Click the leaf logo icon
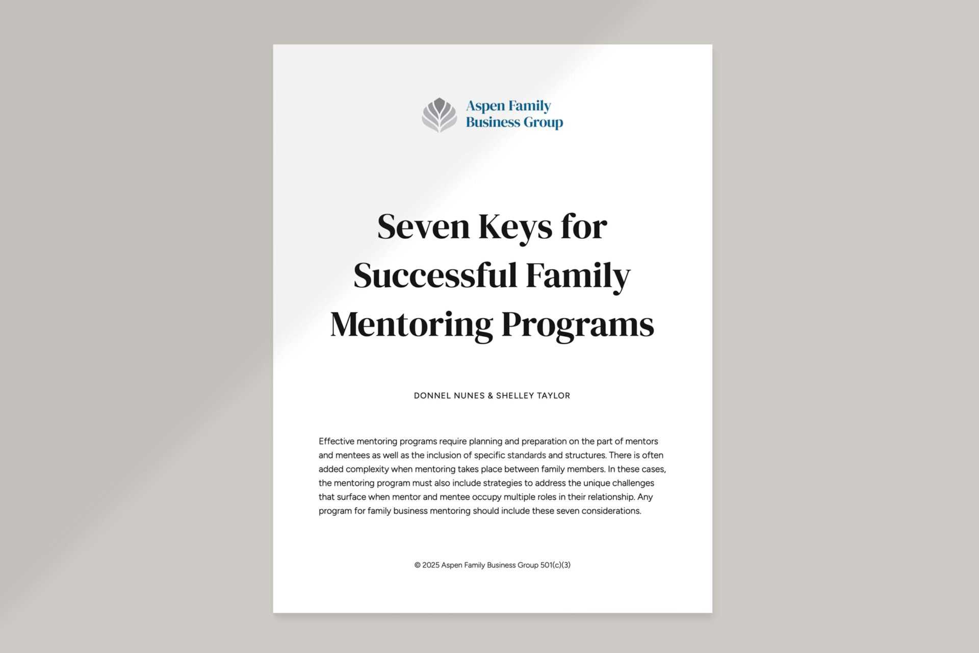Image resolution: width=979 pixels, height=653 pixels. coord(439,114)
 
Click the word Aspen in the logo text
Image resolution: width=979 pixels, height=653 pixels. coord(485,106)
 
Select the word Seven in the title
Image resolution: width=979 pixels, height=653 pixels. coord(423,227)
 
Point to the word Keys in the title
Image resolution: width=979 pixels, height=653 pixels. coord(515,227)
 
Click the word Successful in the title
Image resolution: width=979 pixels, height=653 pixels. coord(435,275)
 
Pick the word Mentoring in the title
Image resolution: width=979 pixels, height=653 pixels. coord(411,324)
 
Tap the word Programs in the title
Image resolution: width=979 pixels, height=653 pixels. coord(578,324)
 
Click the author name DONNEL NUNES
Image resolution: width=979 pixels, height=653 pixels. coord(449,395)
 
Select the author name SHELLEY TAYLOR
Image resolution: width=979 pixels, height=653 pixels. coord(533,395)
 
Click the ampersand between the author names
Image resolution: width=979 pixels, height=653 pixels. coord(491,395)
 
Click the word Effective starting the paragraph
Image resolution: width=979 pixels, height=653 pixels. coord(336,441)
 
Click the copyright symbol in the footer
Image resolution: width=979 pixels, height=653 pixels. coord(417,565)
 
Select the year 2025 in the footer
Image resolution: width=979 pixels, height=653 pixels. coord(431,565)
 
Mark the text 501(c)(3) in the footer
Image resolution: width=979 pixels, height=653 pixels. coord(555,565)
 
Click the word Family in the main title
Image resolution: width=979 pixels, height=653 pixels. coord(578,275)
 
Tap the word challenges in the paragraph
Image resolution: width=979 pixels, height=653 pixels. coord(633,483)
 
